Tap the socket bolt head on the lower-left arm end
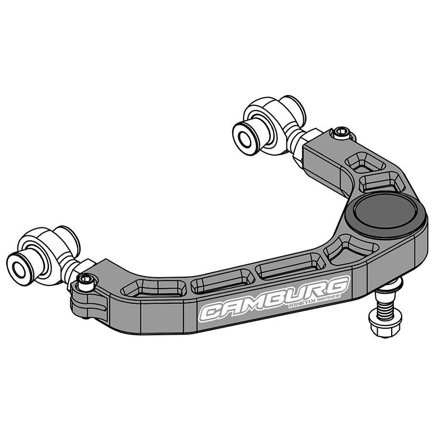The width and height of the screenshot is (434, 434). coord(86,282)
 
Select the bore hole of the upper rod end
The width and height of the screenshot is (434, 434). coord(245,140)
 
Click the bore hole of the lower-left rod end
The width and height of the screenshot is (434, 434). coord(18,270)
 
